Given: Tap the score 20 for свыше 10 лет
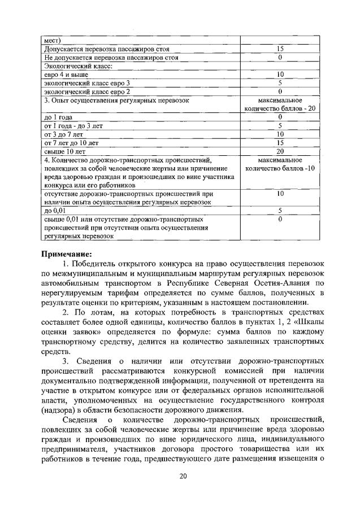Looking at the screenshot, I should coord(280,151).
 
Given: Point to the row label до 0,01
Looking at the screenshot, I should coord(55,210).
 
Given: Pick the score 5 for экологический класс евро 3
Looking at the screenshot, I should coord(280,82).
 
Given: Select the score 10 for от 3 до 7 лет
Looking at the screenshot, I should coord(280,134).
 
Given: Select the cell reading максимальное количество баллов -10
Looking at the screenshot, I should coord(280,164).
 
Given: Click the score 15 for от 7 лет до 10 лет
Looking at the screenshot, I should coord(280,143).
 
